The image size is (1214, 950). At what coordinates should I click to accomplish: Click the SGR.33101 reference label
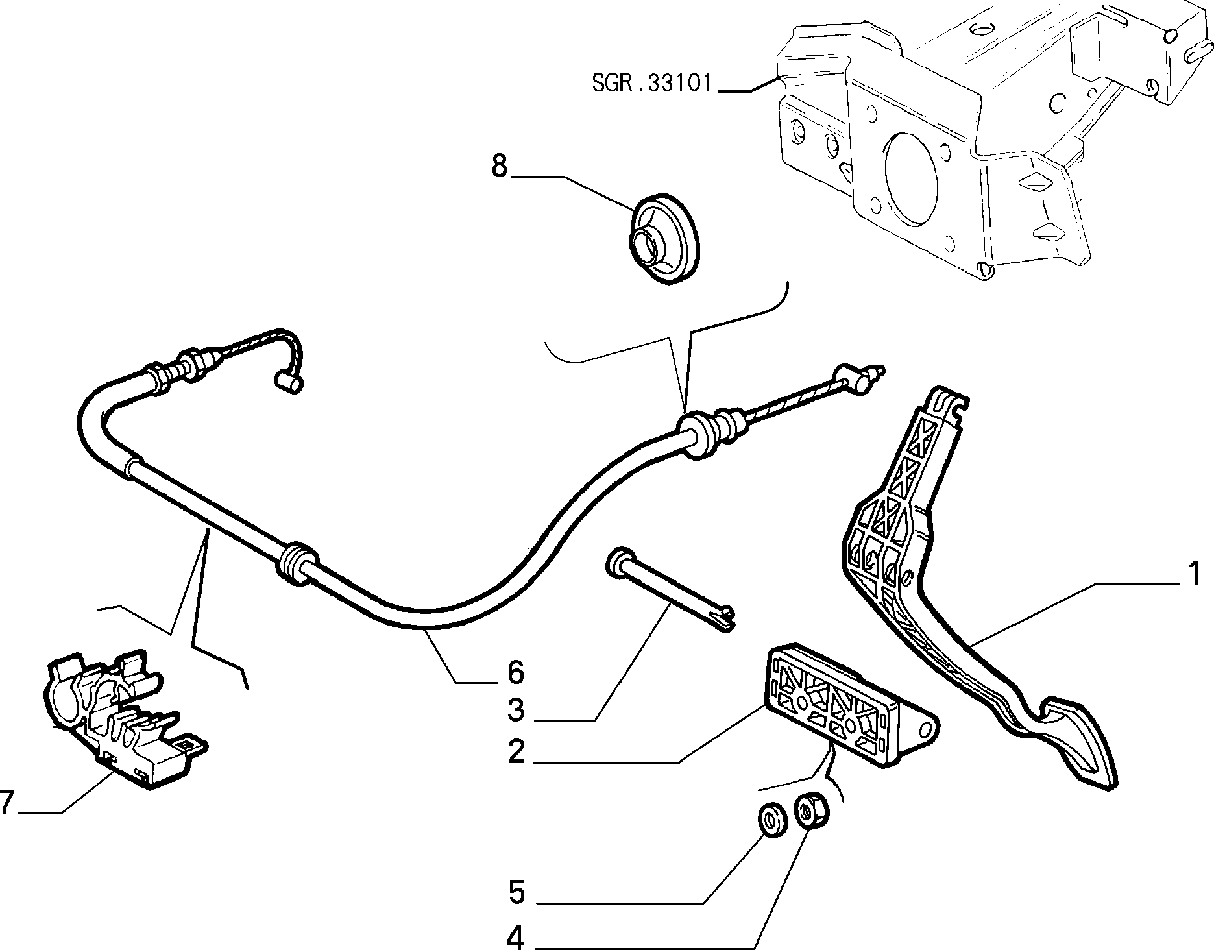tap(652, 83)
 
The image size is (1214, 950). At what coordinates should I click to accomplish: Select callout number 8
tap(499, 166)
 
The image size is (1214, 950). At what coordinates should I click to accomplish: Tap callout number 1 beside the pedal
tap(1194, 575)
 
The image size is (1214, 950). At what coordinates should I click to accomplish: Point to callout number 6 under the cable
tap(515, 673)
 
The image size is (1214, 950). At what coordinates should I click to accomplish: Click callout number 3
tap(515, 711)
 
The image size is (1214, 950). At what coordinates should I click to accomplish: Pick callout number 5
tap(515, 893)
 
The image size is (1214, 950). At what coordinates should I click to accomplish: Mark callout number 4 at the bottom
tap(515, 936)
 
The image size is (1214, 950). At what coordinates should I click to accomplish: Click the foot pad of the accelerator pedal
tap(1077, 740)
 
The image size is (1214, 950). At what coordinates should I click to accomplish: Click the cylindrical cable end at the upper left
tap(286, 381)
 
